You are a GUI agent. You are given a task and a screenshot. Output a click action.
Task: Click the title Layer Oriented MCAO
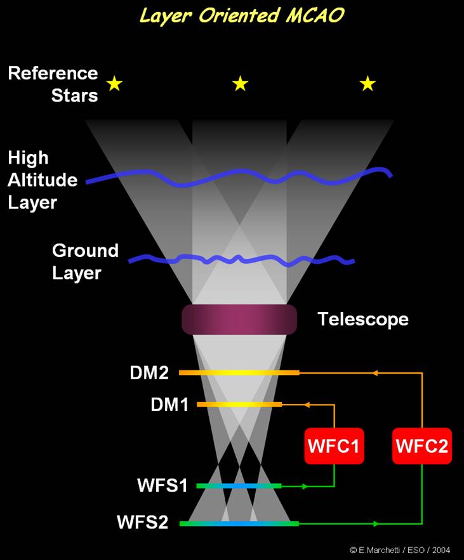tap(241, 15)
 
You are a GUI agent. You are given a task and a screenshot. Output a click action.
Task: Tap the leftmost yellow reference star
tap(114, 84)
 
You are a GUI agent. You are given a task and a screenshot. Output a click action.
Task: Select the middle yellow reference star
tap(240, 83)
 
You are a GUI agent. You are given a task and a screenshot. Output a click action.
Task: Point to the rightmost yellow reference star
tap(368, 83)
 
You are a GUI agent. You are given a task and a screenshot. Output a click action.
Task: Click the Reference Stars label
tap(53, 84)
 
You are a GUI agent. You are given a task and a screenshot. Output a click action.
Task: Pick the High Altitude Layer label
tap(43, 180)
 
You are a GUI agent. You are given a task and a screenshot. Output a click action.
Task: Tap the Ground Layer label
tap(85, 261)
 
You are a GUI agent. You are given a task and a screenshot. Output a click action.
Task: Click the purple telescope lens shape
tap(239, 319)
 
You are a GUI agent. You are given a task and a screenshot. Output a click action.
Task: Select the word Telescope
tap(362, 319)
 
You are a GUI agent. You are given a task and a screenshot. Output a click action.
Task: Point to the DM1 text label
tap(169, 404)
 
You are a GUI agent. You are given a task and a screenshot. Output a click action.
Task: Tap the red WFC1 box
tap(334, 446)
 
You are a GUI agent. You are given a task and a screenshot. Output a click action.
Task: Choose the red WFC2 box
tap(421, 446)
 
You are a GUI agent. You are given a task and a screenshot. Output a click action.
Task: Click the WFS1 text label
tap(162, 486)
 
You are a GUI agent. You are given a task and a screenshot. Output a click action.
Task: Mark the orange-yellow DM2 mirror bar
tap(239, 373)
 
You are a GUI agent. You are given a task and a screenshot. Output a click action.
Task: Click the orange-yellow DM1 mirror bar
tap(239, 404)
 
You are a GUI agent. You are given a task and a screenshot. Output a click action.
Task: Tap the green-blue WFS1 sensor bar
tap(239, 486)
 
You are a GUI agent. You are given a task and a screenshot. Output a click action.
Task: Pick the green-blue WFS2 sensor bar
tap(239, 523)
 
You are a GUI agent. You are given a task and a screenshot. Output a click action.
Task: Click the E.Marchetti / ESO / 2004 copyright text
tap(399, 550)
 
